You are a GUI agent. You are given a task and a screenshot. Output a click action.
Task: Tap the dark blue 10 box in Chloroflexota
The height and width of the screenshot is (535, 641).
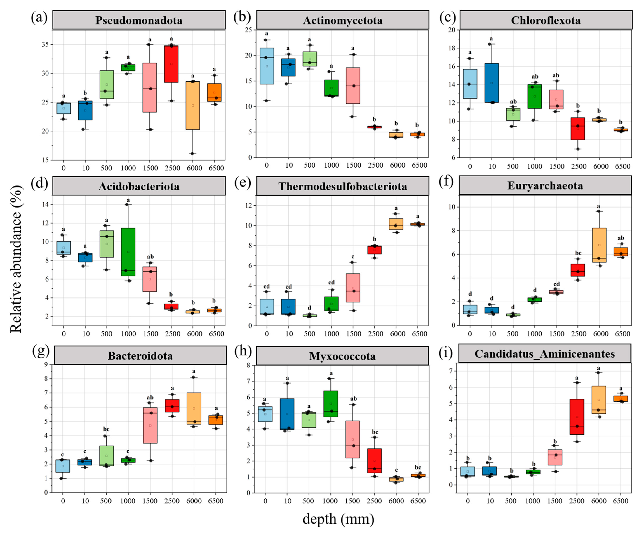tap(491, 83)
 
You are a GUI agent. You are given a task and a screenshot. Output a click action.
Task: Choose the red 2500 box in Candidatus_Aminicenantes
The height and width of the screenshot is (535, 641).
tap(577, 417)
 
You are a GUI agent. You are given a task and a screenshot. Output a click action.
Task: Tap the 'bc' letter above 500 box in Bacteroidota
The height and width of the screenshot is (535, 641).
tap(106, 429)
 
